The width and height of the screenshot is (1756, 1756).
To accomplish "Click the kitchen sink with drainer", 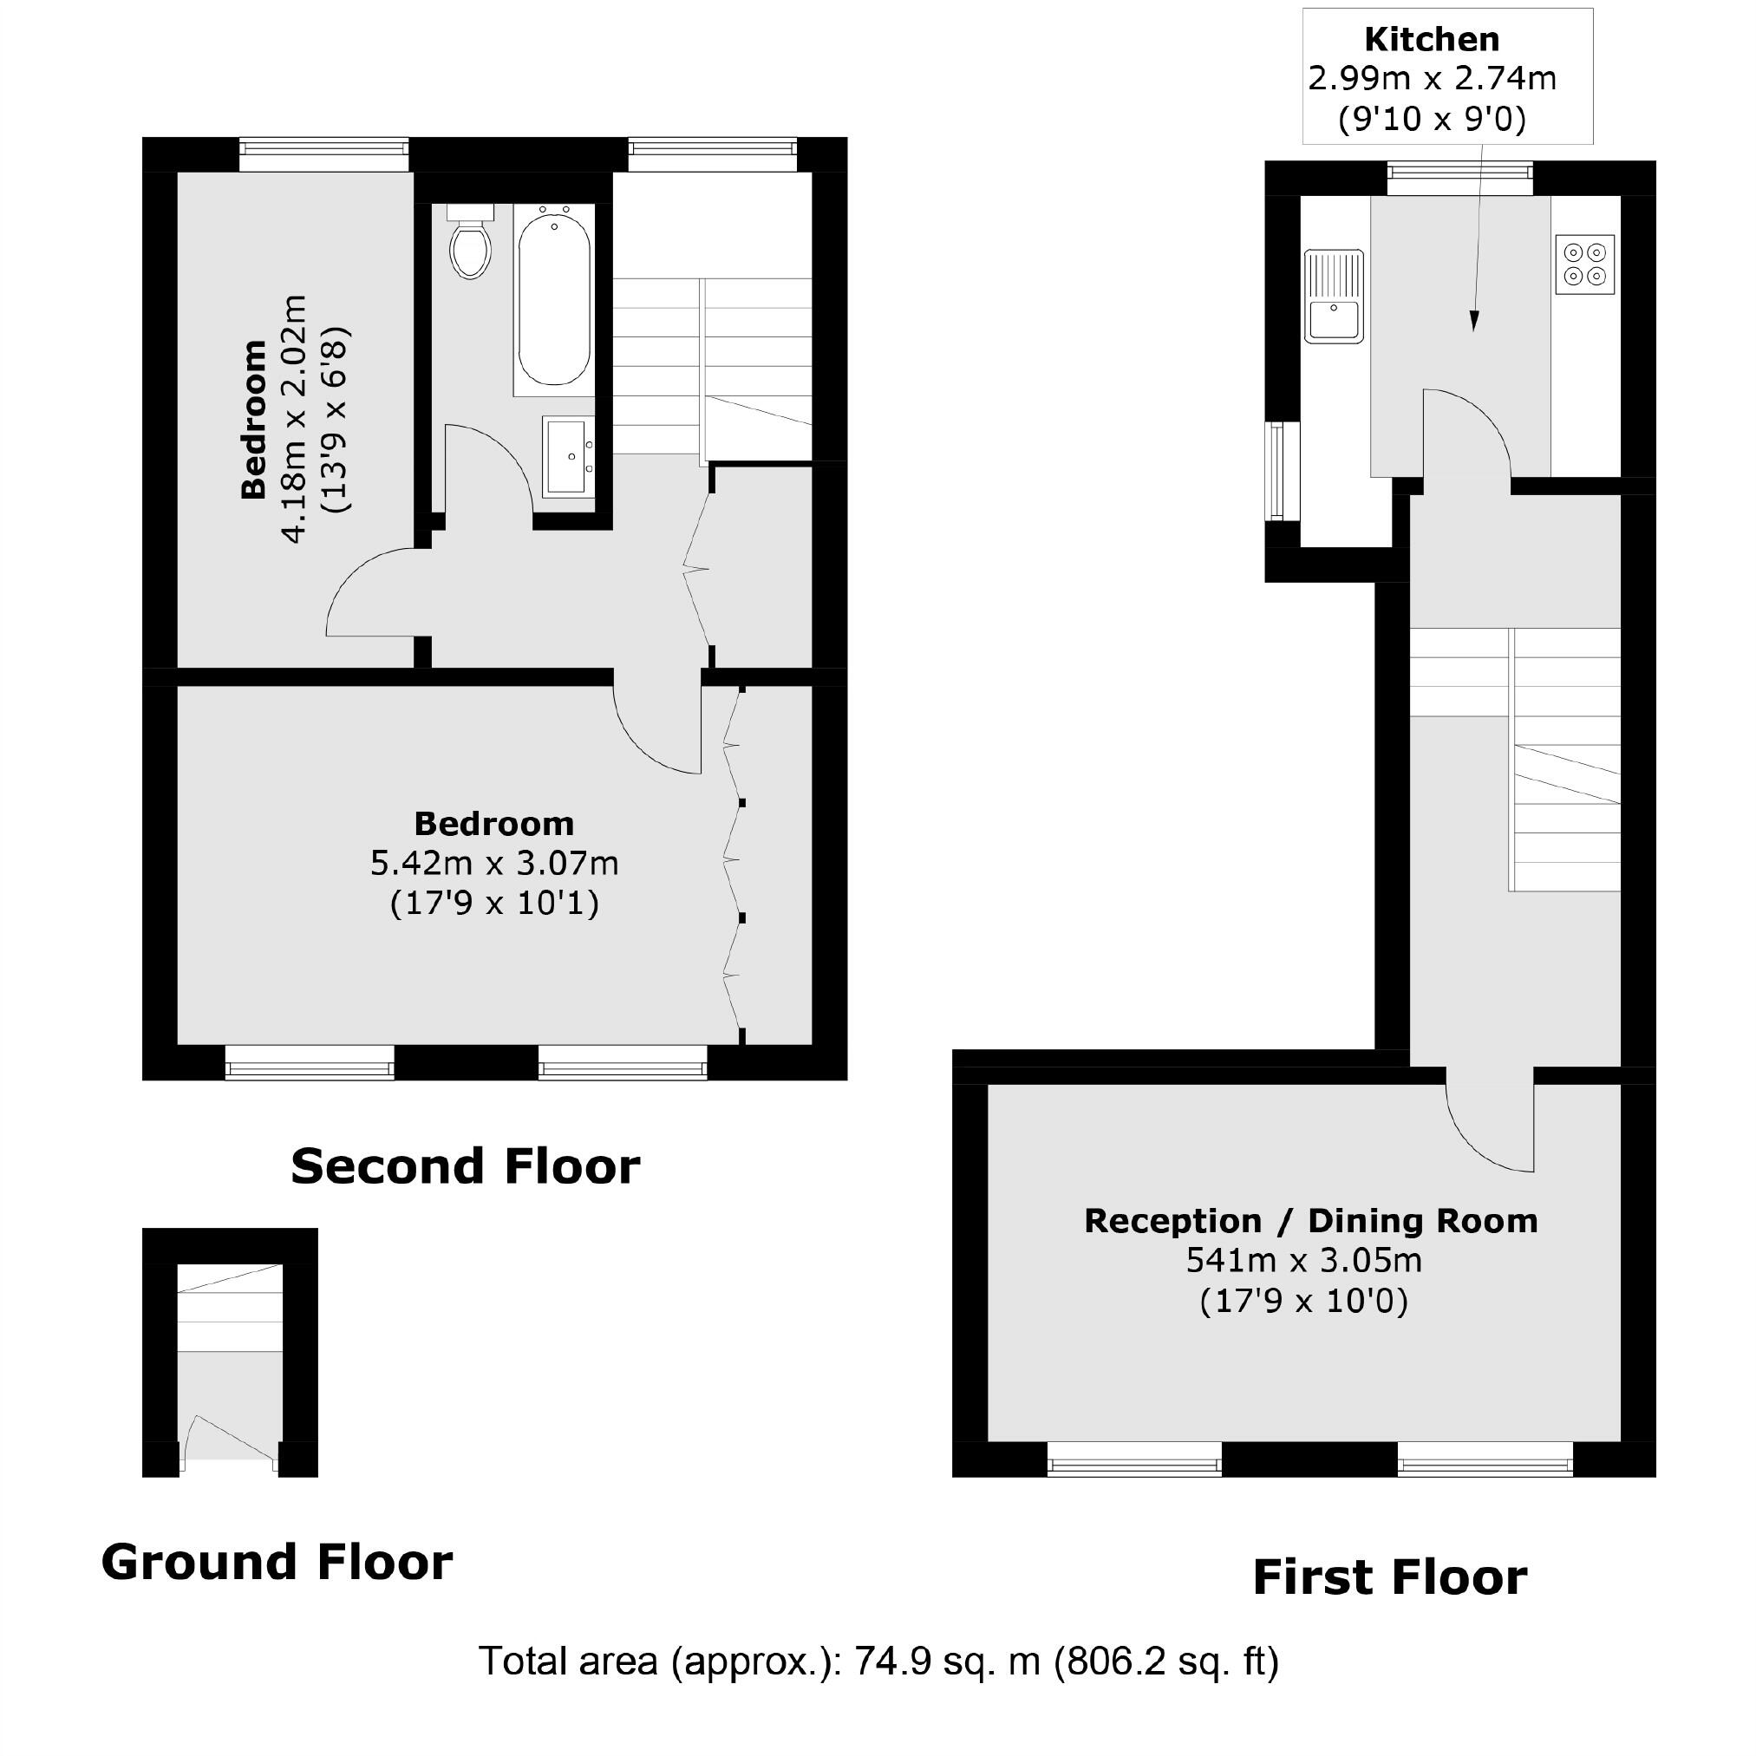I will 1334,297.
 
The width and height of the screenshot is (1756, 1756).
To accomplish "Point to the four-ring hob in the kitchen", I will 1585,264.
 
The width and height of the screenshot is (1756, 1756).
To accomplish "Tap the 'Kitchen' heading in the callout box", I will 1432,40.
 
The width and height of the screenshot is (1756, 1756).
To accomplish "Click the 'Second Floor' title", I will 465,1166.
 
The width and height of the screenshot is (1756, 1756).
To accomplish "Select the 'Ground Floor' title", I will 277,1562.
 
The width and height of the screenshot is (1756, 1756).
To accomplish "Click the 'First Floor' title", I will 1389,1577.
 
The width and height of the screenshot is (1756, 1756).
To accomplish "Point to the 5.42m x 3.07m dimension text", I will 493,863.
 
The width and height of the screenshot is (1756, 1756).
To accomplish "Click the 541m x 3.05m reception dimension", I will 1303,1261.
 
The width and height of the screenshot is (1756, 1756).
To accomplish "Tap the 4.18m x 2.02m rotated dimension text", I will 294,419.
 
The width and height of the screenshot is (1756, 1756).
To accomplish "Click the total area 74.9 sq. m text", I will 878,1661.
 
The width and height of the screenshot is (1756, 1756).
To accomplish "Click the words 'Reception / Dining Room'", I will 1309,1221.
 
